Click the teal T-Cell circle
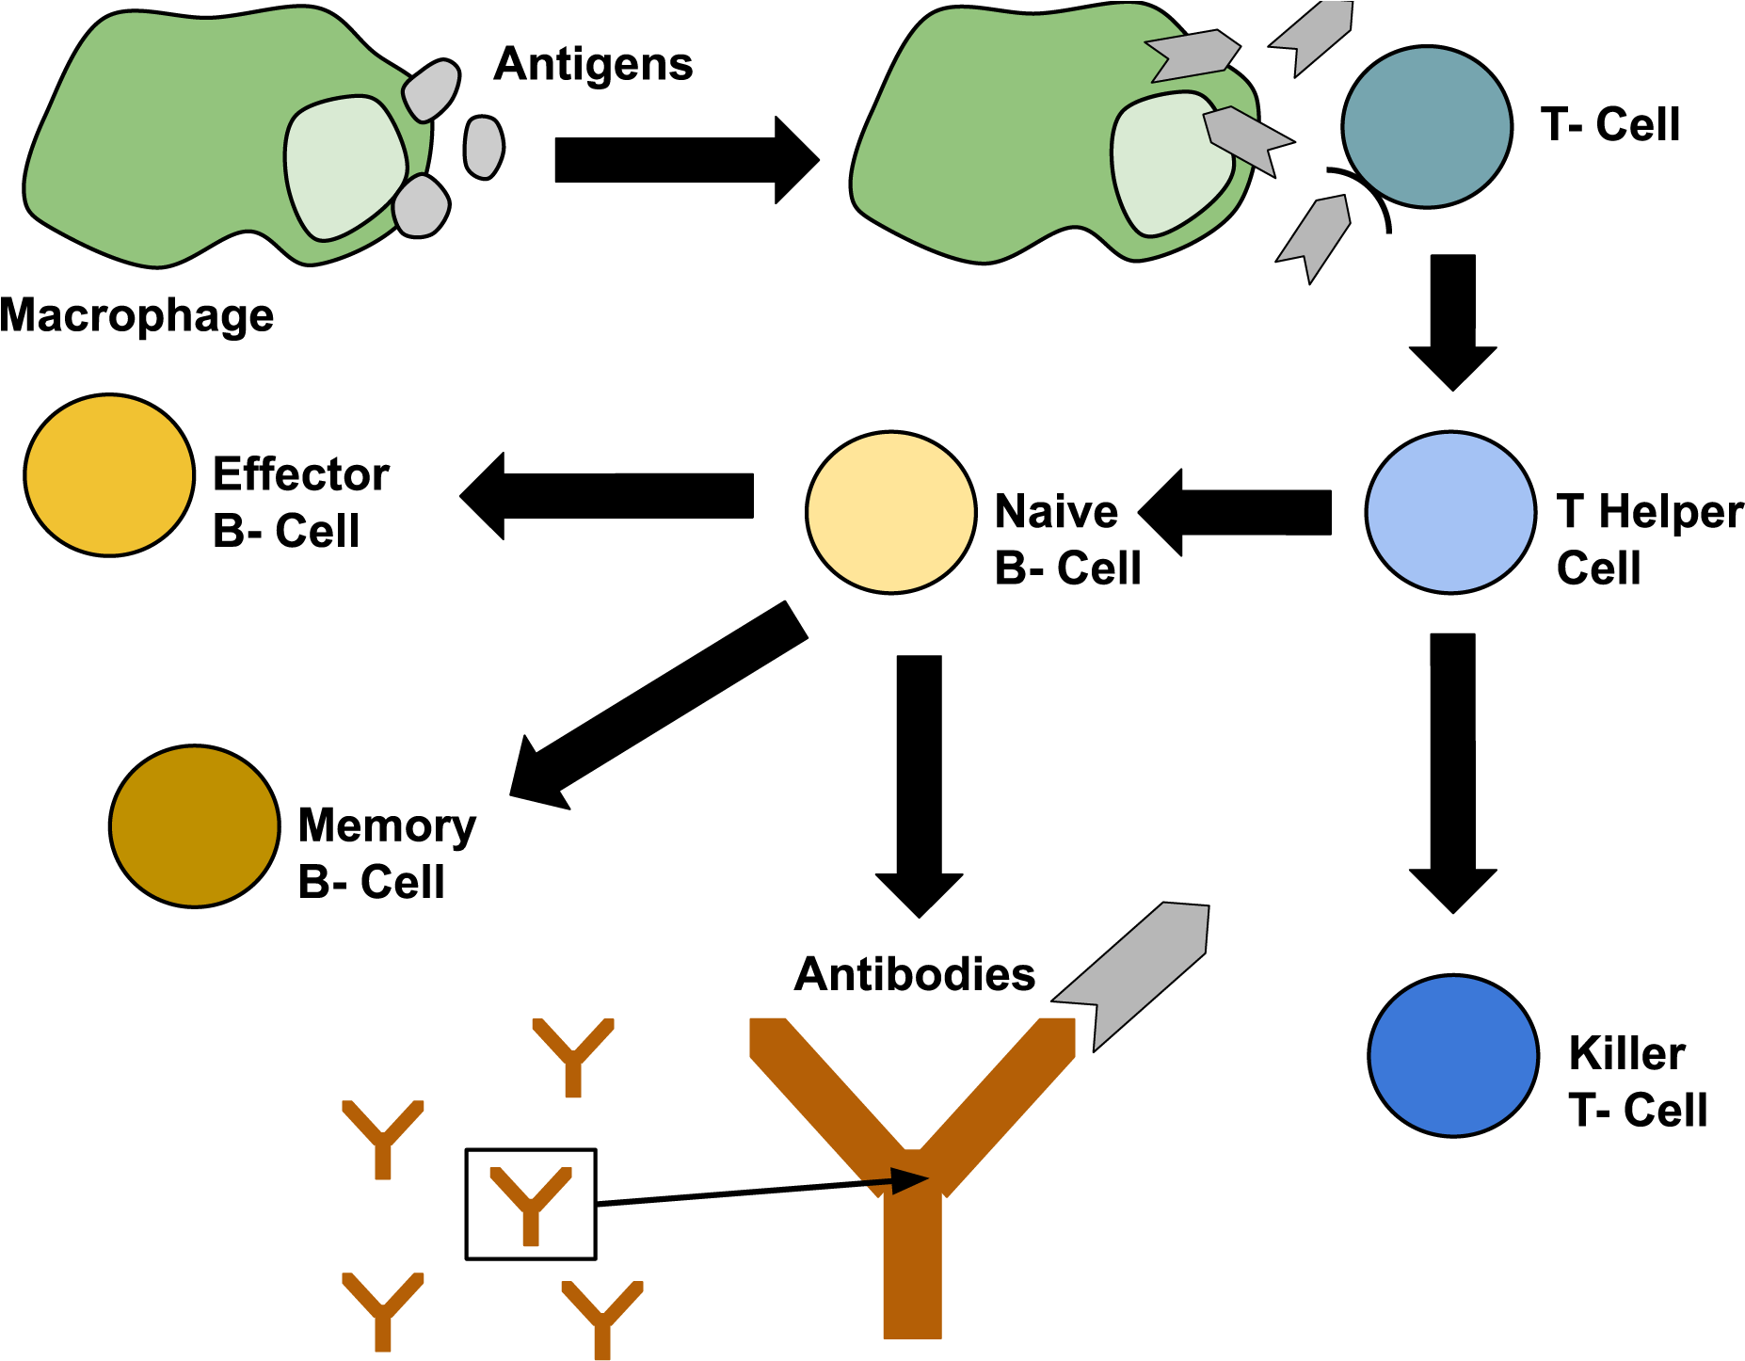[1427, 126]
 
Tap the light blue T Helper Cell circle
[1450, 513]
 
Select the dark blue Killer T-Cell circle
[1453, 1056]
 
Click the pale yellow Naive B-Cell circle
[890, 513]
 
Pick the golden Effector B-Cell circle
[109, 475]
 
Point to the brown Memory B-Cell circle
[195, 826]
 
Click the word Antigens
[594, 66]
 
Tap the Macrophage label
[137, 316]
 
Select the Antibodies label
[915, 974]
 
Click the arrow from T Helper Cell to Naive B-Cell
[1235, 513]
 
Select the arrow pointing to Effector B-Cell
[607, 496]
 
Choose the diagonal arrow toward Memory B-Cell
[659, 705]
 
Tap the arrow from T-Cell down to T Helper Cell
[1452, 322]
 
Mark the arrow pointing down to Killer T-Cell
[1452, 773]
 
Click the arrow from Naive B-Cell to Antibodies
[920, 786]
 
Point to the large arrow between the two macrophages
[687, 160]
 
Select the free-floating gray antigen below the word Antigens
[484, 147]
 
